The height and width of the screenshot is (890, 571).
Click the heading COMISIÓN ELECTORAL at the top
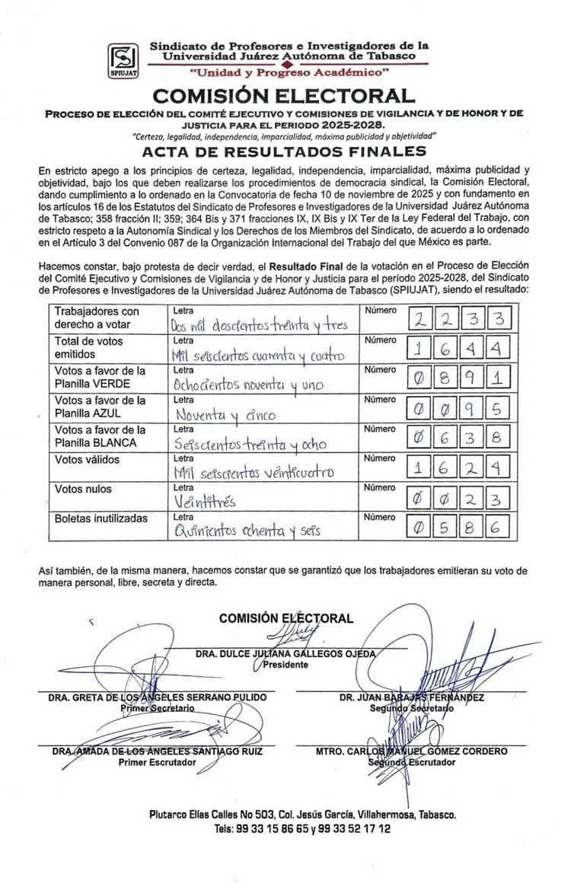pyautogui.click(x=284, y=97)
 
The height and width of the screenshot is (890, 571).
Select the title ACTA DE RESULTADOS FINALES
pyautogui.click(x=284, y=152)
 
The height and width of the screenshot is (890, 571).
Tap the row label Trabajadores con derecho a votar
pyautogui.click(x=97, y=317)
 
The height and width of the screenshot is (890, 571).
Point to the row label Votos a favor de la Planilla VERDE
pyautogui.click(x=99, y=377)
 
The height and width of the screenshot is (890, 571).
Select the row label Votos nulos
pyautogui.click(x=82, y=489)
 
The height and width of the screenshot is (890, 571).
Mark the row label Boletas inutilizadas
pyautogui.click(x=100, y=518)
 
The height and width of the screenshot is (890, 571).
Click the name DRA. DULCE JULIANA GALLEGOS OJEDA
pyautogui.click(x=285, y=654)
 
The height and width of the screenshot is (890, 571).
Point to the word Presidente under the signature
pyautogui.click(x=285, y=665)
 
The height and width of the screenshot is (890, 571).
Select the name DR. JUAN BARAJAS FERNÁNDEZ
pyautogui.click(x=412, y=697)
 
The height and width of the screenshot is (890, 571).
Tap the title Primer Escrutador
pyautogui.click(x=157, y=762)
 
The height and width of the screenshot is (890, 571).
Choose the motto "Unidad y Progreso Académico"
pyautogui.click(x=289, y=72)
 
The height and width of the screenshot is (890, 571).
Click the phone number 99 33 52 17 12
pyautogui.click(x=348, y=828)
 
